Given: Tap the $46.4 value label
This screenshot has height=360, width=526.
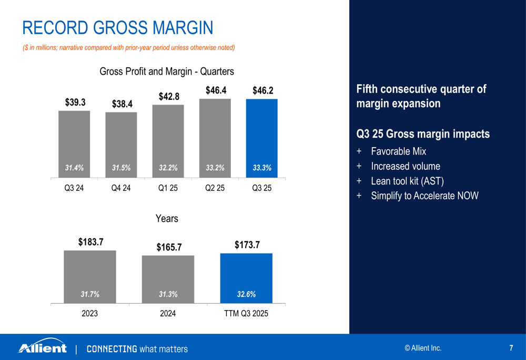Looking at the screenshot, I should click(216, 90).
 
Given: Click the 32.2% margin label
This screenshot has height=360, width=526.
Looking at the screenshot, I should click(168, 168).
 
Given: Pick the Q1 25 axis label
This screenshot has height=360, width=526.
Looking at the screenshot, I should click(168, 188).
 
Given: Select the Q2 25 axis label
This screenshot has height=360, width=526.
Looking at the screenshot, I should click(215, 188).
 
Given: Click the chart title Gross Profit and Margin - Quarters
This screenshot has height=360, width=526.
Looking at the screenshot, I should click(167, 71).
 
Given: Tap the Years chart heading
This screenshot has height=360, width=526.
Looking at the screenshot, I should click(167, 219).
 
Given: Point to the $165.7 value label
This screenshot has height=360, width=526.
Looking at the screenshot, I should click(168, 247).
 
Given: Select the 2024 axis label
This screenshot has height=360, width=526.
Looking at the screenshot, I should click(168, 313).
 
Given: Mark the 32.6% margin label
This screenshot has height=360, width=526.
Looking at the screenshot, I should click(246, 295).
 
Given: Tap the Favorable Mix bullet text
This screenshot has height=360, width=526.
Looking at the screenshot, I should click(398, 151).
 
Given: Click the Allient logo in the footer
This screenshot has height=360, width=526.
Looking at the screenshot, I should click(43, 348).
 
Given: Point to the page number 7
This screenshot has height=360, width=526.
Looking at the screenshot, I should click(511, 348).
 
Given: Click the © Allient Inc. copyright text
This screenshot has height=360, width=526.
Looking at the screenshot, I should click(423, 348).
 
